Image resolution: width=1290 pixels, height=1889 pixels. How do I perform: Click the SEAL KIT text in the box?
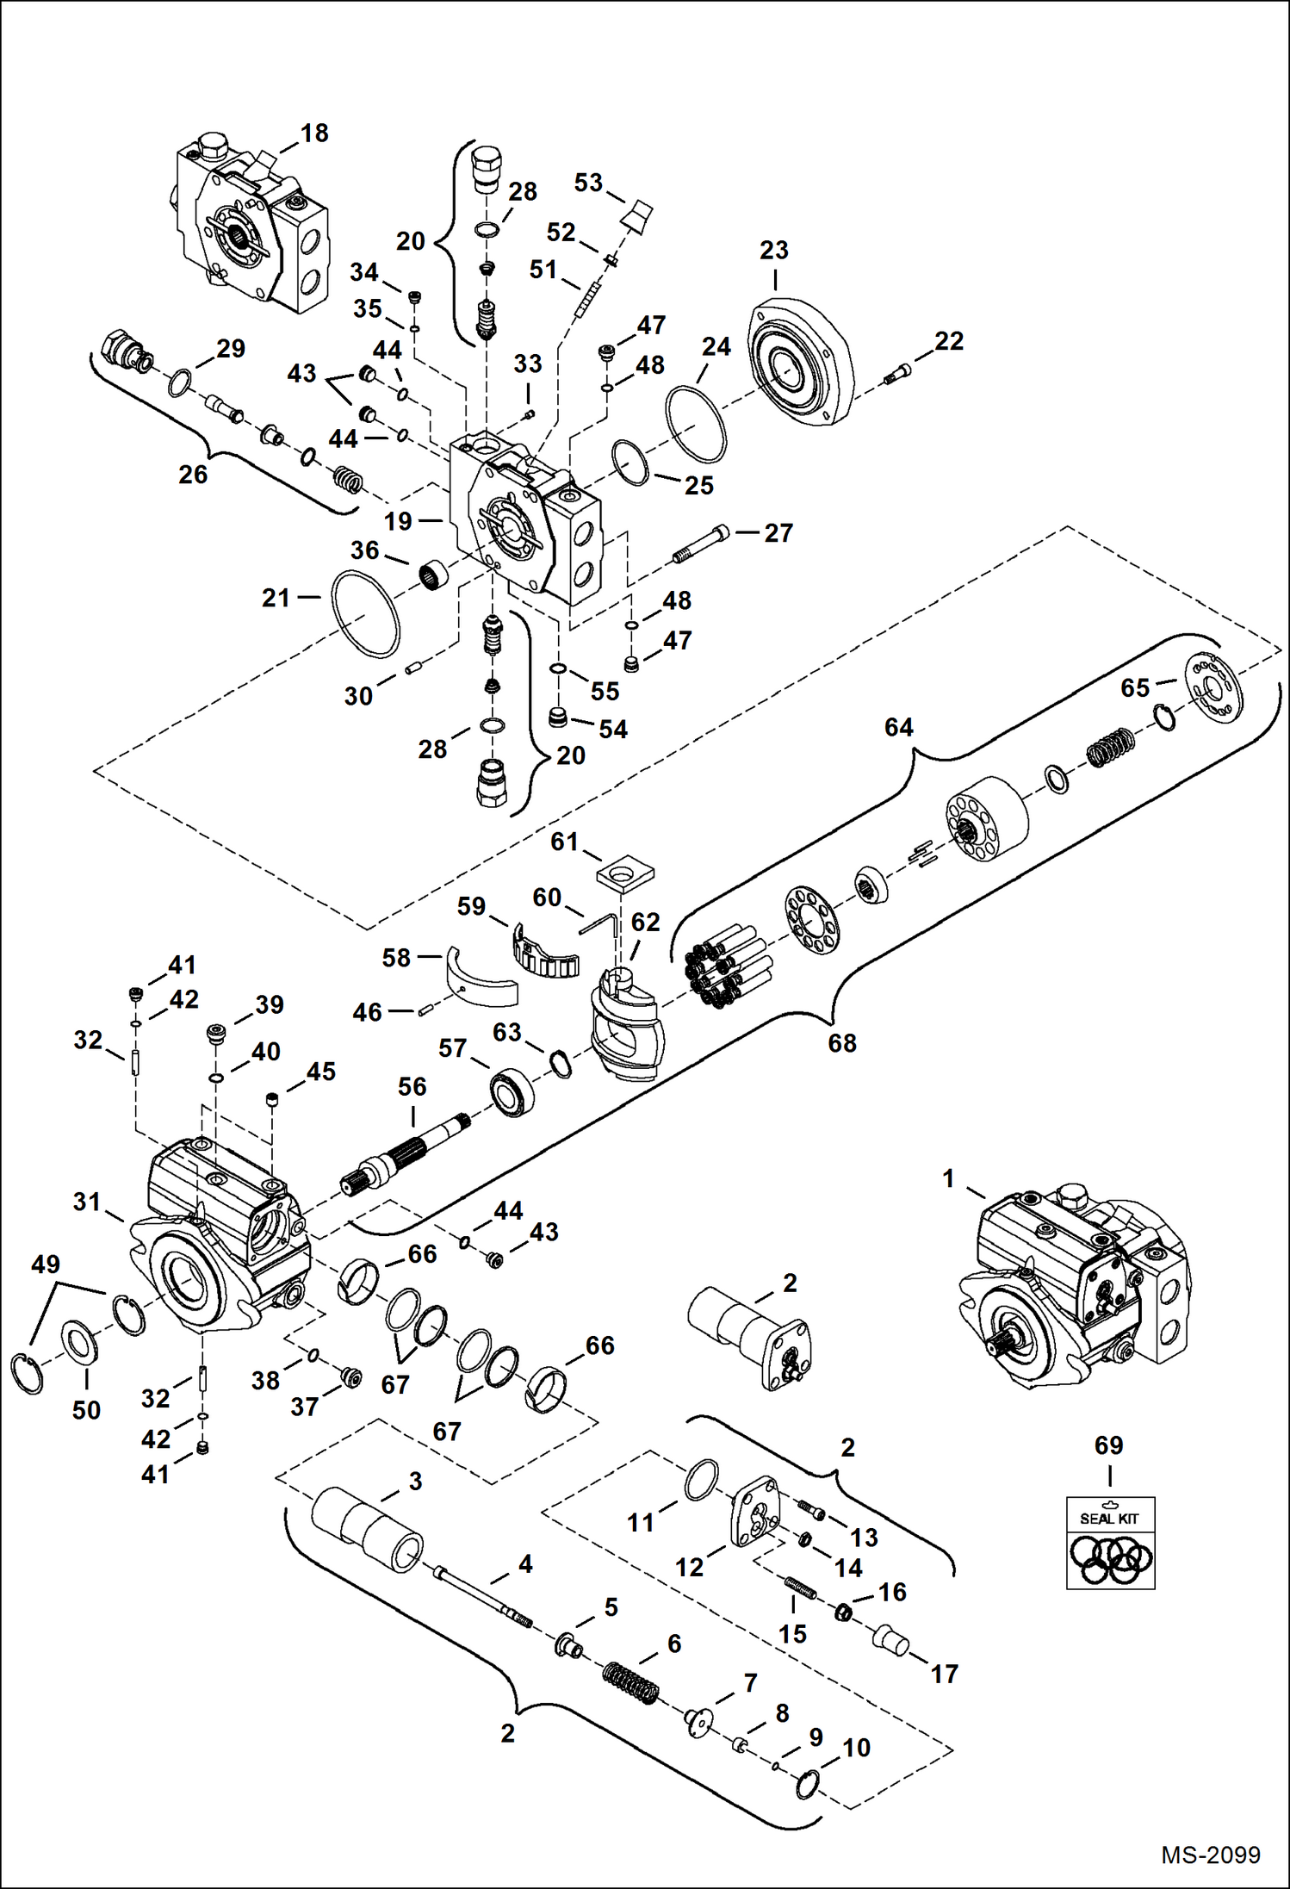click(1109, 1519)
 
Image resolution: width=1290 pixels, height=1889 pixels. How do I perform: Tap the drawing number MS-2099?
click(1210, 1855)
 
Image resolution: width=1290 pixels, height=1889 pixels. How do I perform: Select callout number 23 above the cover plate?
click(773, 250)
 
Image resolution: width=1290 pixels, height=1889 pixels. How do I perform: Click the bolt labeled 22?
click(897, 376)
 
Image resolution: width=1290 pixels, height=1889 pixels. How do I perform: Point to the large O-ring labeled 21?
click(366, 613)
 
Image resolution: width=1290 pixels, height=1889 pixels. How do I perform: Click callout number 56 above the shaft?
click(412, 1087)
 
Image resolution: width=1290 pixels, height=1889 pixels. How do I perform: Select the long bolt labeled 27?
click(701, 544)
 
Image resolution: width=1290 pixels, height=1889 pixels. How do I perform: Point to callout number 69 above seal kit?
click(1108, 1445)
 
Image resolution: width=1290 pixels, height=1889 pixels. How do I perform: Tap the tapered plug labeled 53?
click(638, 215)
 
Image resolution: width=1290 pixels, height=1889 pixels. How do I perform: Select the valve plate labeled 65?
click(1214, 688)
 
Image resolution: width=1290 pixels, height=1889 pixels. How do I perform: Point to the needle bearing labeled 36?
click(434, 574)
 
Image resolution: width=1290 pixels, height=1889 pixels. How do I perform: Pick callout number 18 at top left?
click(314, 133)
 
